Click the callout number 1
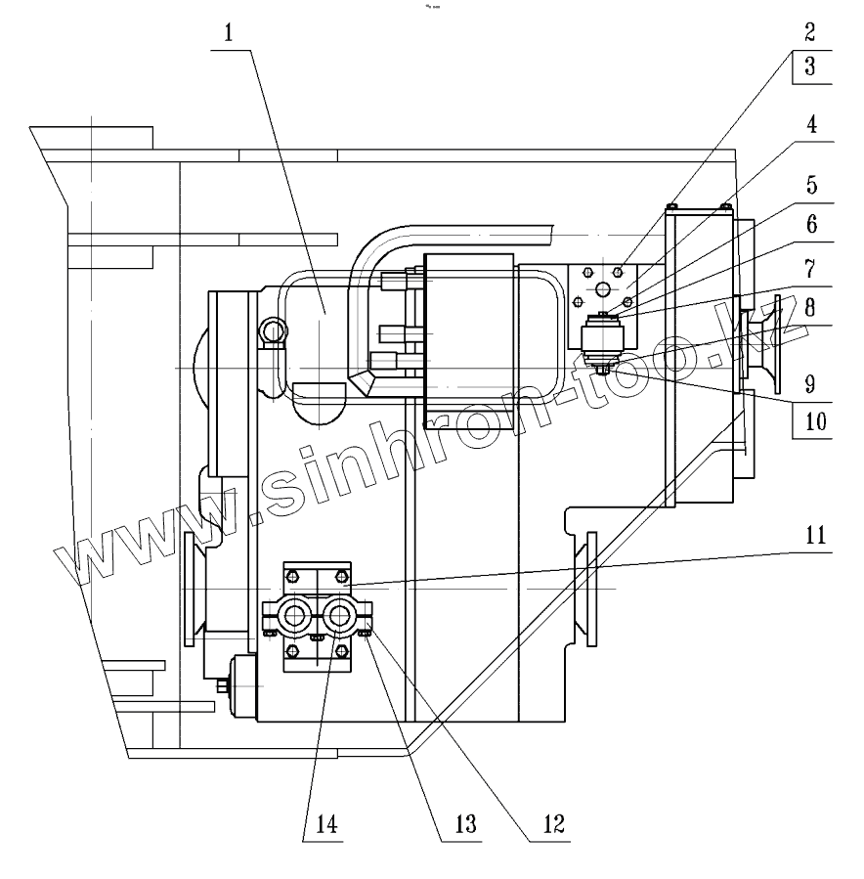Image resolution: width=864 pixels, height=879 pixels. click(228, 32)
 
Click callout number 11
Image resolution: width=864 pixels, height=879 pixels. click(810, 536)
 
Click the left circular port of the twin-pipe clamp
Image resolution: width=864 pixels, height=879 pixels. click(294, 616)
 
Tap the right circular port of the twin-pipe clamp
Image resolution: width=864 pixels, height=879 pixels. click(339, 616)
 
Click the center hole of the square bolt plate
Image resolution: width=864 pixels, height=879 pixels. click(601, 289)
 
